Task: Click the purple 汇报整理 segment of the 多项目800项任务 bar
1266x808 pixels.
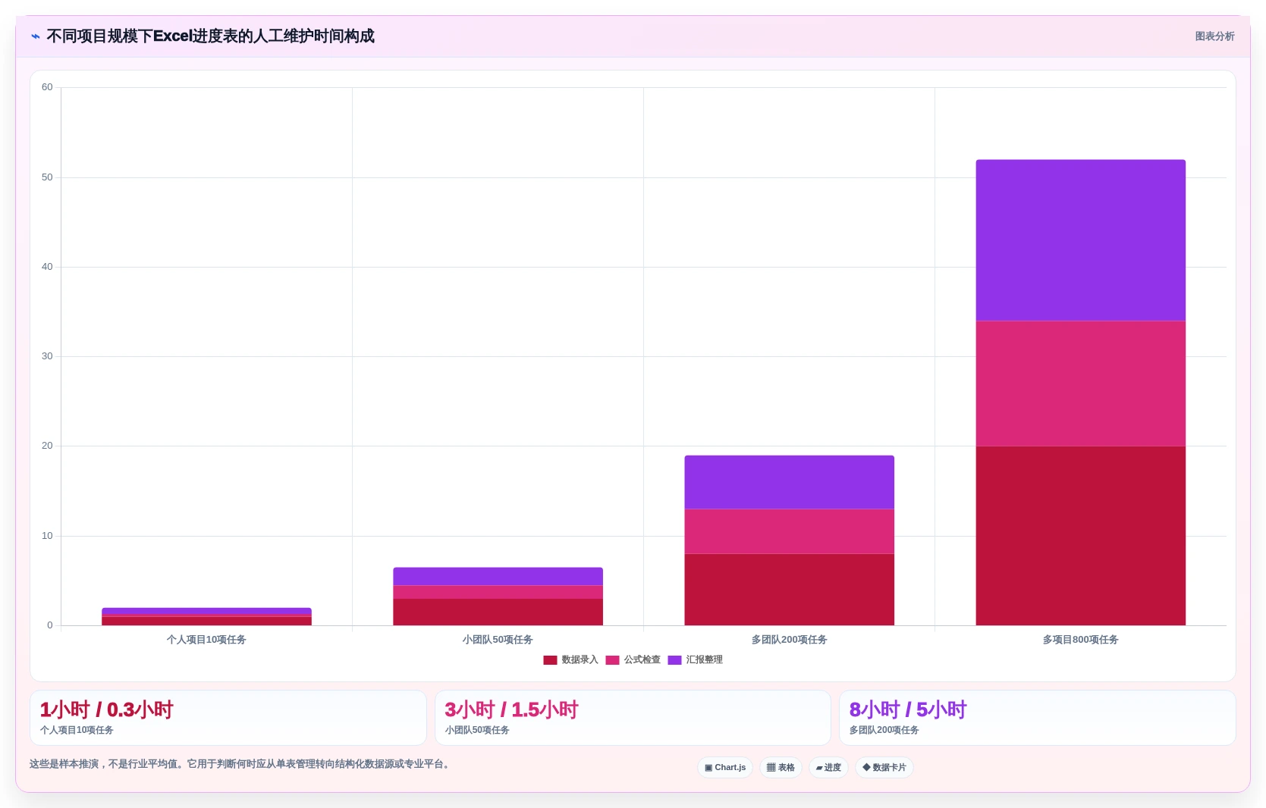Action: pos(1080,240)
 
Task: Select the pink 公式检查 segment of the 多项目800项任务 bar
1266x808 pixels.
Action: pos(1080,384)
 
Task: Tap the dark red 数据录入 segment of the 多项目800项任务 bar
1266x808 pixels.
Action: pos(1080,535)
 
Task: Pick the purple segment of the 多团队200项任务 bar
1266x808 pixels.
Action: pos(789,482)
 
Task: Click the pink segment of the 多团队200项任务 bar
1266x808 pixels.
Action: pos(789,531)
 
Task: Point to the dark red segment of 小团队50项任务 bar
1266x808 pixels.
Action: pos(498,612)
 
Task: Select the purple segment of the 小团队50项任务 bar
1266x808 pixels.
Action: pos(498,577)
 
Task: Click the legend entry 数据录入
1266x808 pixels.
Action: pos(570,659)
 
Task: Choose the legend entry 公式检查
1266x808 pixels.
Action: pos(633,659)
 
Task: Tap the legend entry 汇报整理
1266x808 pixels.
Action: pos(695,659)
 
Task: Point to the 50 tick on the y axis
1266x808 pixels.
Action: pos(47,177)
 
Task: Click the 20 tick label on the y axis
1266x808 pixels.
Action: pos(47,446)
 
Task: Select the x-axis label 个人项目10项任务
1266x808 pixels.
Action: pos(206,639)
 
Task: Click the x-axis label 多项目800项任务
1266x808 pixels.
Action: pos(1080,639)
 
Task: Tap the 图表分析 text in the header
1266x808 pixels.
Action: pos(1214,36)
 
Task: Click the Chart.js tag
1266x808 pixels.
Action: pos(725,767)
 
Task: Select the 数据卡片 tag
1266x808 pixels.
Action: pos(884,767)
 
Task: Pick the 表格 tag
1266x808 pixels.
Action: pos(781,767)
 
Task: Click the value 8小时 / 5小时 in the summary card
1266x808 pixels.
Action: pos(908,709)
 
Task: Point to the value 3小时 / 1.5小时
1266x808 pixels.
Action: pos(511,709)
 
